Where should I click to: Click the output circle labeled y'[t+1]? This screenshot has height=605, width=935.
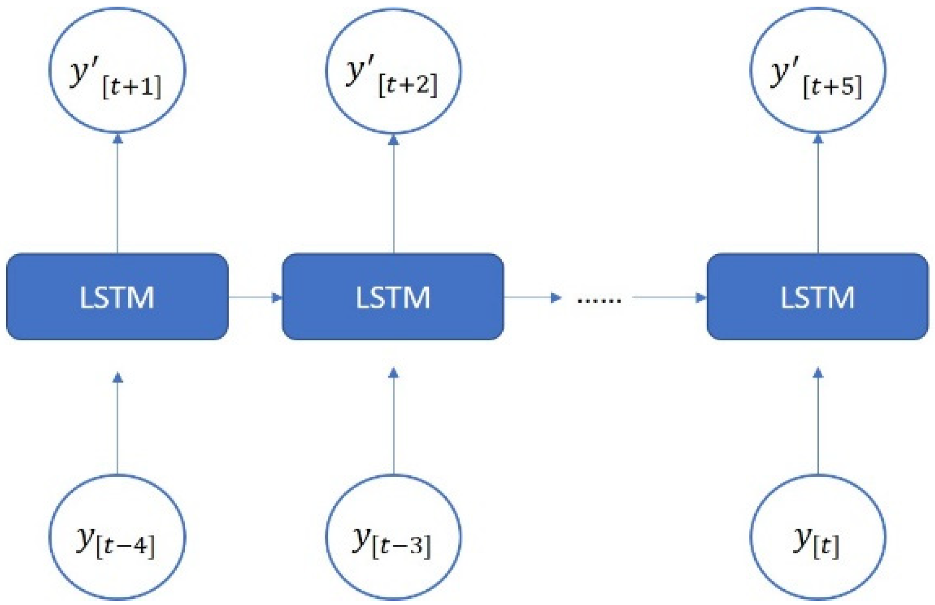pyautogui.click(x=117, y=70)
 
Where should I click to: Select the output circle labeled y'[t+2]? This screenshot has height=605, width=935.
pyautogui.click(x=393, y=70)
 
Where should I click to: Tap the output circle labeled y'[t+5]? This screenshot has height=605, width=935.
pyautogui.click(x=818, y=70)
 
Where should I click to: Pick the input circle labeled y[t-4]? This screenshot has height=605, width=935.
pyautogui.click(x=117, y=537)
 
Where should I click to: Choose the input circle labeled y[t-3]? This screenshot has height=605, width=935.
pyautogui.click(x=393, y=537)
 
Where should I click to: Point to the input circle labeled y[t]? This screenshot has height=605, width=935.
pyautogui.click(x=818, y=537)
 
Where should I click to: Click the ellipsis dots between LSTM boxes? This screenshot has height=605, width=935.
pyautogui.click(x=599, y=300)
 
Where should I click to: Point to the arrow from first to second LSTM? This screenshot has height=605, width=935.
pyautogui.click(x=255, y=297)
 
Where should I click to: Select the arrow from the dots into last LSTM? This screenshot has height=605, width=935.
pyautogui.click(x=669, y=297)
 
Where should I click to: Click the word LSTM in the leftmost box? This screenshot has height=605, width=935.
pyautogui.click(x=117, y=297)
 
